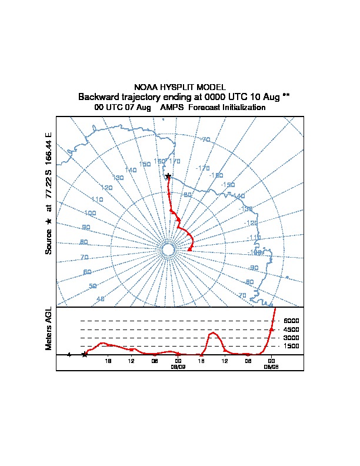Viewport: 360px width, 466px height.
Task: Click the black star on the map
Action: pos(168,176)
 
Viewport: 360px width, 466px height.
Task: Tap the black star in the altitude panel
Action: pos(85,354)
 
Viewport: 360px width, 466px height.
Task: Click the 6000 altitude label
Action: pos(291,321)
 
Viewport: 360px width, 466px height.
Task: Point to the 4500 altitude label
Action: pos(291,329)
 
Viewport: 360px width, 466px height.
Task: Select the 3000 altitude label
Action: pos(291,338)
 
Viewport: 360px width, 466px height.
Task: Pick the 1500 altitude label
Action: pos(291,347)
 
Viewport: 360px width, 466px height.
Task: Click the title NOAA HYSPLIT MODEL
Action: pos(180,87)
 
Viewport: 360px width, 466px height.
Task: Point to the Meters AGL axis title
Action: pos(49,329)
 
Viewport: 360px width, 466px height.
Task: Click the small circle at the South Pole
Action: pos(168,250)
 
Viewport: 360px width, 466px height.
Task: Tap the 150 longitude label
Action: pos(145,164)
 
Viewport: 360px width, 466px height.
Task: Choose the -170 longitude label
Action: pos(203,168)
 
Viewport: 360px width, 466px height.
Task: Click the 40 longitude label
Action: pos(101,299)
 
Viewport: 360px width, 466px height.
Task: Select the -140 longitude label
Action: pos(238,196)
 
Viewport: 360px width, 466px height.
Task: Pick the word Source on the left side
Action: pos(49,241)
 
